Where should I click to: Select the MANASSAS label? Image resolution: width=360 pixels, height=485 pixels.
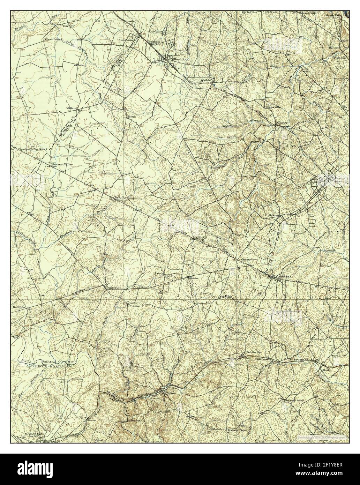(31, 433)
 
